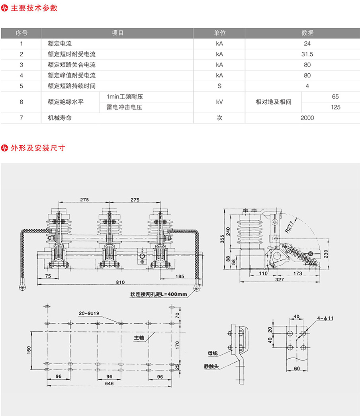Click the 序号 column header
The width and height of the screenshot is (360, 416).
tap(21, 33)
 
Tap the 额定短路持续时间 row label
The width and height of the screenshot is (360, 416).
tap(72, 86)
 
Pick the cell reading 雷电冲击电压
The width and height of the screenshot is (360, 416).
tap(124, 107)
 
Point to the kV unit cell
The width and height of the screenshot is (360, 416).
tap(219, 102)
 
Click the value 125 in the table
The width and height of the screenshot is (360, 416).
tap(335, 107)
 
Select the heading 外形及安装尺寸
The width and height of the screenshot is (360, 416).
tap(38, 148)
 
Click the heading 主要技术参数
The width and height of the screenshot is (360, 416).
tap(34, 8)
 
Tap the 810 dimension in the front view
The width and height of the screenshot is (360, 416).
tap(120, 282)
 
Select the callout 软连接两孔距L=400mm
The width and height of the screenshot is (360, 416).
tap(158, 295)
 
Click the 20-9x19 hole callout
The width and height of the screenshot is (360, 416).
tap(89, 313)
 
